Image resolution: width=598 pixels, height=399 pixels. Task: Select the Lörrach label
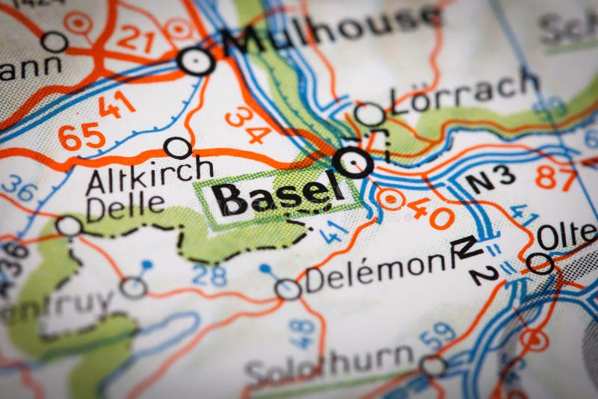463,91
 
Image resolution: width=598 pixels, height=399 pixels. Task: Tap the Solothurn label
329,365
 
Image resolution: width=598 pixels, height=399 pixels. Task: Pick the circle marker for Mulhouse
197,61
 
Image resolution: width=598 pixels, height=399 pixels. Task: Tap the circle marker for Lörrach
369,114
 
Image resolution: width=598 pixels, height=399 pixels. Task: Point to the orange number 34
247,125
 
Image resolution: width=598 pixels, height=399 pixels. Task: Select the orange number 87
557,178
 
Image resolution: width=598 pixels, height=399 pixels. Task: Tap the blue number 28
209,275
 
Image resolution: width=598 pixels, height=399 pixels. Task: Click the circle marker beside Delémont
288,289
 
